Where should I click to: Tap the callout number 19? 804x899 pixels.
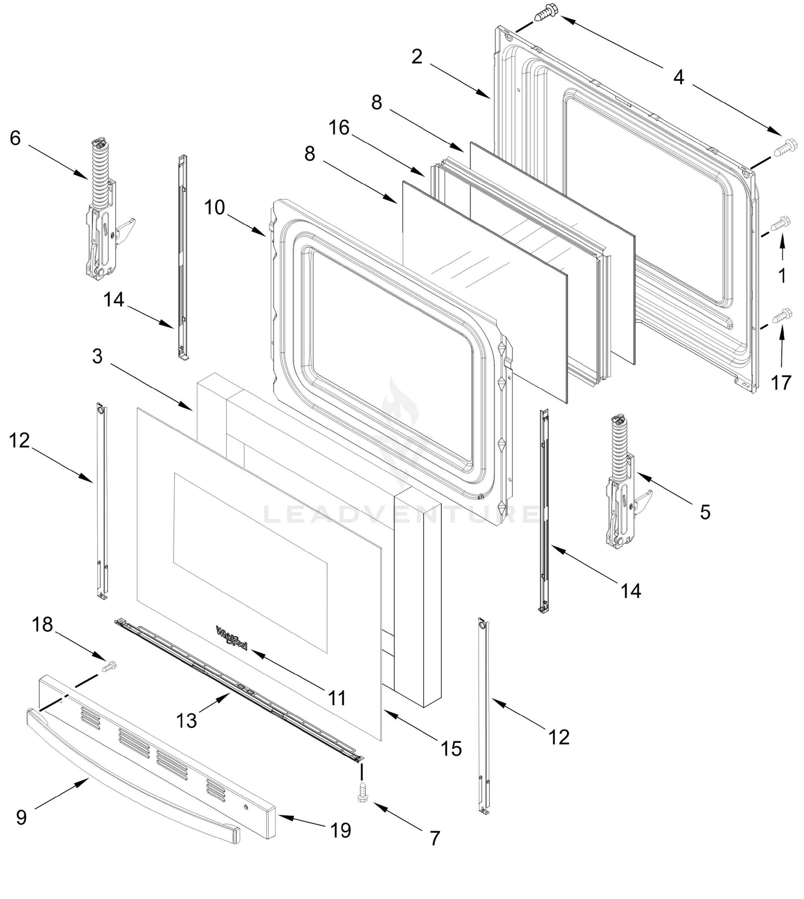coord(341,830)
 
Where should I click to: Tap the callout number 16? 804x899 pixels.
coord(339,128)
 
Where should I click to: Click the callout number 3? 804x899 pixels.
coord(97,356)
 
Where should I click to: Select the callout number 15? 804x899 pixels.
coord(451,749)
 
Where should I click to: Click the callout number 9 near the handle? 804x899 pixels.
coord(21,817)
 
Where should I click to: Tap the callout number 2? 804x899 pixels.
coord(417,57)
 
